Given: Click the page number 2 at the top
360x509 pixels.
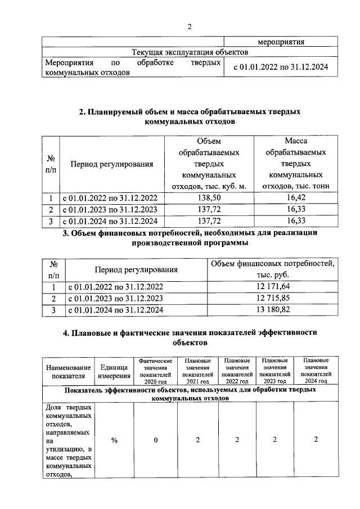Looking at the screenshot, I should (x=190, y=26).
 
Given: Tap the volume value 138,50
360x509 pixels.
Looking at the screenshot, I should (x=209, y=198).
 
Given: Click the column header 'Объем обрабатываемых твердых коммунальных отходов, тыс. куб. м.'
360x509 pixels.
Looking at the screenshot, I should (x=209, y=164).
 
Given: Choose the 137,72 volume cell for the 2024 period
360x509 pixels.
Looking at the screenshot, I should (x=209, y=221).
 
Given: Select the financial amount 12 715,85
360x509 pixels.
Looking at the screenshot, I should (x=273, y=299).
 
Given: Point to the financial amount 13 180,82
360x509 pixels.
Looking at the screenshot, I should (x=273, y=310).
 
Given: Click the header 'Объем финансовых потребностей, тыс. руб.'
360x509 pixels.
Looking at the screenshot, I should (x=273, y=269).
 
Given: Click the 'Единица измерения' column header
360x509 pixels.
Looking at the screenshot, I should (x=114, y=371).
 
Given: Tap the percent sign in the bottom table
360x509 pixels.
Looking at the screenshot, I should (x=114, y=440).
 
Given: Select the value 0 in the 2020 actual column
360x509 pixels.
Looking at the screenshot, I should (x=156, y=440).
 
